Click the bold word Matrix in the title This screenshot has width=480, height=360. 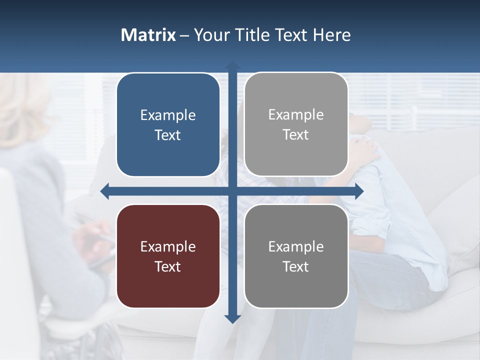click(x=148, y=35)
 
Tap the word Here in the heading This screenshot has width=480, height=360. click(x=331, y=35)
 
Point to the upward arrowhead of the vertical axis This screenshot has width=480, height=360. click(x=232, y=65)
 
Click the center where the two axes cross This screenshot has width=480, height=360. click(x=232, y=191)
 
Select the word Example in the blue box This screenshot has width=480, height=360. click(x=168, y=115)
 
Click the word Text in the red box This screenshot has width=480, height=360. click(x=168, y=266)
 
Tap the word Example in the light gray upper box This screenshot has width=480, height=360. click(x=296, y=115)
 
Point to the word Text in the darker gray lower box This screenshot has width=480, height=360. click(x=296, y=266)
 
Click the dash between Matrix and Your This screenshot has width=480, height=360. click(x=184, y=35)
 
